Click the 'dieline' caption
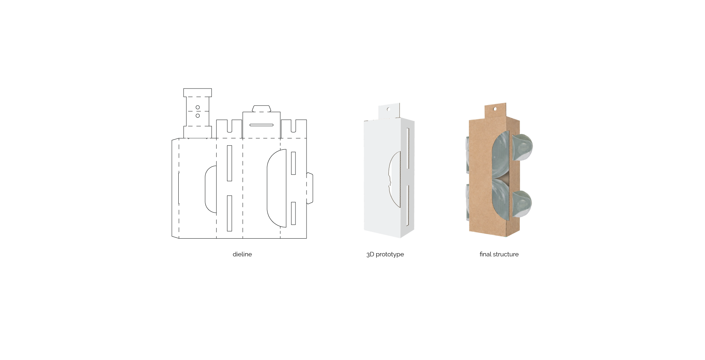[x=242, y=254]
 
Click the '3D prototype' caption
[x=385, y=254]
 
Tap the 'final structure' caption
[x=499, y=254]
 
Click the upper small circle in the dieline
[x=198, y=108]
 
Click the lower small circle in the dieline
[x=198, y=116]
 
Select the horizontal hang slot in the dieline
[x=261, y=125]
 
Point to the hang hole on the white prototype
[x=388, y=109]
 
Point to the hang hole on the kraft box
[x=495, y=109]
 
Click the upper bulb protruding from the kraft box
[x=522, y=147]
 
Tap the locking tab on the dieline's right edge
[x=310, y=188]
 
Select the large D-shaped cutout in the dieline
[x=276, y=188]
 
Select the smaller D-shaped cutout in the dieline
[x=211, y=189]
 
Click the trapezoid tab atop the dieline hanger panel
[x=261, y=109]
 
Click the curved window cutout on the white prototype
[x=395, y=180]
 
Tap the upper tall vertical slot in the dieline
[x=229, y=163]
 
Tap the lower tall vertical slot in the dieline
[x=229, y=213]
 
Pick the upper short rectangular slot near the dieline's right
[x=293, y=163]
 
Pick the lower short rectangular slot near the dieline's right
[x=293, y=213]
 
